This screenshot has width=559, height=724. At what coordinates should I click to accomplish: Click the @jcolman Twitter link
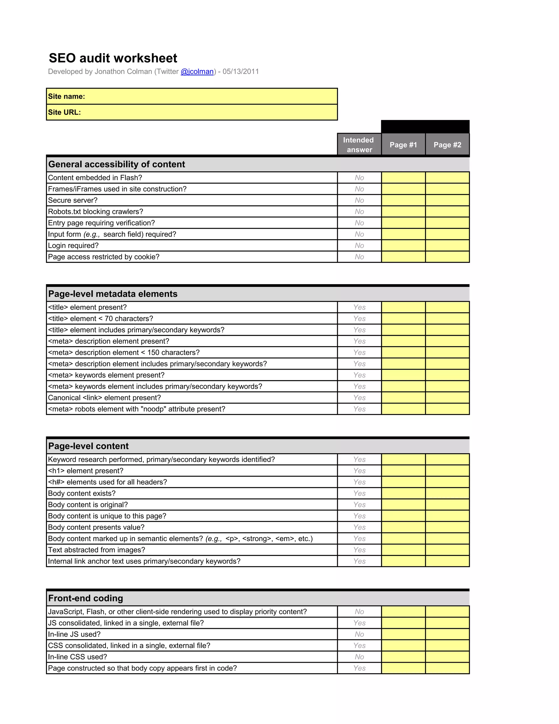pyautogui.click(x=197, y=72)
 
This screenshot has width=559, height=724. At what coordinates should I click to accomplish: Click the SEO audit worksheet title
pyautogui.click(x=113, y=58)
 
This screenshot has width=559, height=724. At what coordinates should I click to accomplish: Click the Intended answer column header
pyautogui.click(x=359, y=145)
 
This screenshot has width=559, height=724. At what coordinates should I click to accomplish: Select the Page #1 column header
pyautogui.click(x=403, y=145)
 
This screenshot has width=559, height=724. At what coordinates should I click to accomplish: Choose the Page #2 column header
pyautogui.click(x=447, y=145)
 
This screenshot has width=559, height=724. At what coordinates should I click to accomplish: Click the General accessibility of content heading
pyautogui.click(x=117, y=164)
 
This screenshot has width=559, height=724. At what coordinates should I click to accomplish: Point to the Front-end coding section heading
pyautogui.click(x=85, y=598)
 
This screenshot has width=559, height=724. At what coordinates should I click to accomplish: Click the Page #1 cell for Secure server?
pyautogui.click(x=403, y=200)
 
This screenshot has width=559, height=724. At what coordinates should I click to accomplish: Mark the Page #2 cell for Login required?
pyautogui.click(x=447, y=246)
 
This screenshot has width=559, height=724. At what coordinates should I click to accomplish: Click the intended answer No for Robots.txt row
pyautogui.click(x=359, y=211)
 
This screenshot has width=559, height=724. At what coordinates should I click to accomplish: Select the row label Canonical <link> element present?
pyautogui.click(x=104, y=398)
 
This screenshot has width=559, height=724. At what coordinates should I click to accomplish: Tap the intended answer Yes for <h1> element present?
pyautogui.click(x=359, y=471)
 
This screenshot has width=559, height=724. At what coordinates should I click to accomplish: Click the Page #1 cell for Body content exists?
pyautogui.click(x=403, y=493)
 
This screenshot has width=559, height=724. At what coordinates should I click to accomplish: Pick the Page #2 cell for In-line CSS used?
pyautogui.click(x=447, y=657)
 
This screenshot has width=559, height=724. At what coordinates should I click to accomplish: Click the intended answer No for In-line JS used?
pyautogui.click(x=359, y=634)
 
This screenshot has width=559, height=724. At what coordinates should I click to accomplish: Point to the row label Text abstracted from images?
pyautogui.click(x=96, y=550)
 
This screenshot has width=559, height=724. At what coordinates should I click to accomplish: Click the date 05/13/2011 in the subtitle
pyautogui.click(x=240, y=72)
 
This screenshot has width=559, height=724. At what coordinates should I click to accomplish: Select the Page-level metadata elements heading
pyautogui.click(x=113, y=294)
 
